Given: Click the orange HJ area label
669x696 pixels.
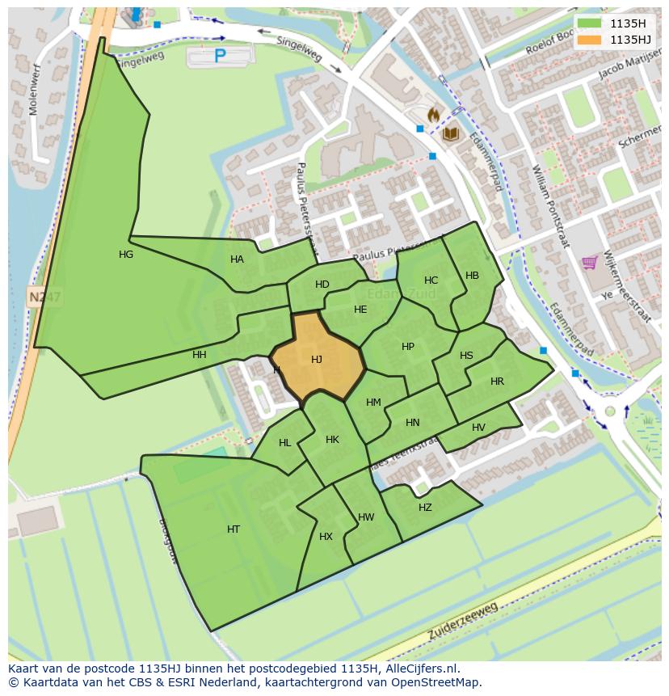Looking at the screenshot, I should pyautogui.click(x=317, y=360).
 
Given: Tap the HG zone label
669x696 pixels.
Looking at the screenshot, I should pyautogui.click(x=126, y=255).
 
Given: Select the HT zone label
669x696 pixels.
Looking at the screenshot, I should pyautogui.click(x=234, y=529).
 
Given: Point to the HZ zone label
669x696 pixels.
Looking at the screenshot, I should pyautogui.click(x=425, y=508).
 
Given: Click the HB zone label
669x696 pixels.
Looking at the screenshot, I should pyautogui.click(x=472, y=276).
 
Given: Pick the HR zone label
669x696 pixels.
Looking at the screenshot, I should pyautogui.click(x=497, y=382).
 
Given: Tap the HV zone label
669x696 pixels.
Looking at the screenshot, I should pyautogui.click(x=478, y=428).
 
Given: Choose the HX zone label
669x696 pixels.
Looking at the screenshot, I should pyautogui.click(x=326, y=537).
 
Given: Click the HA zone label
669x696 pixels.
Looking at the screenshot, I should pyautogui.click(x=237, y=259).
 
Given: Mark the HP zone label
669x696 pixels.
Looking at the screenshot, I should pyautogui.click(x=408, y=347).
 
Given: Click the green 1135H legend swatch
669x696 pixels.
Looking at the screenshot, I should pyautogui.click(x=590, y=23).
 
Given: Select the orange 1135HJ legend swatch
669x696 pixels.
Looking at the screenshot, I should pyautogui.click(x=590, y=39).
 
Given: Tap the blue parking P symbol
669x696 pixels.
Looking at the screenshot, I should pyautogui.click(x=220, y=56).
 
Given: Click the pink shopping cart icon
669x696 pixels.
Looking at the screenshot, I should pyautogui.click(x=590, y=262).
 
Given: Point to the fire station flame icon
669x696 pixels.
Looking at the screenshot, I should pyautogui.click(x=433, y=116).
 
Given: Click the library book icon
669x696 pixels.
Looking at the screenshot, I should pyautogui.click(x=450, y=133).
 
